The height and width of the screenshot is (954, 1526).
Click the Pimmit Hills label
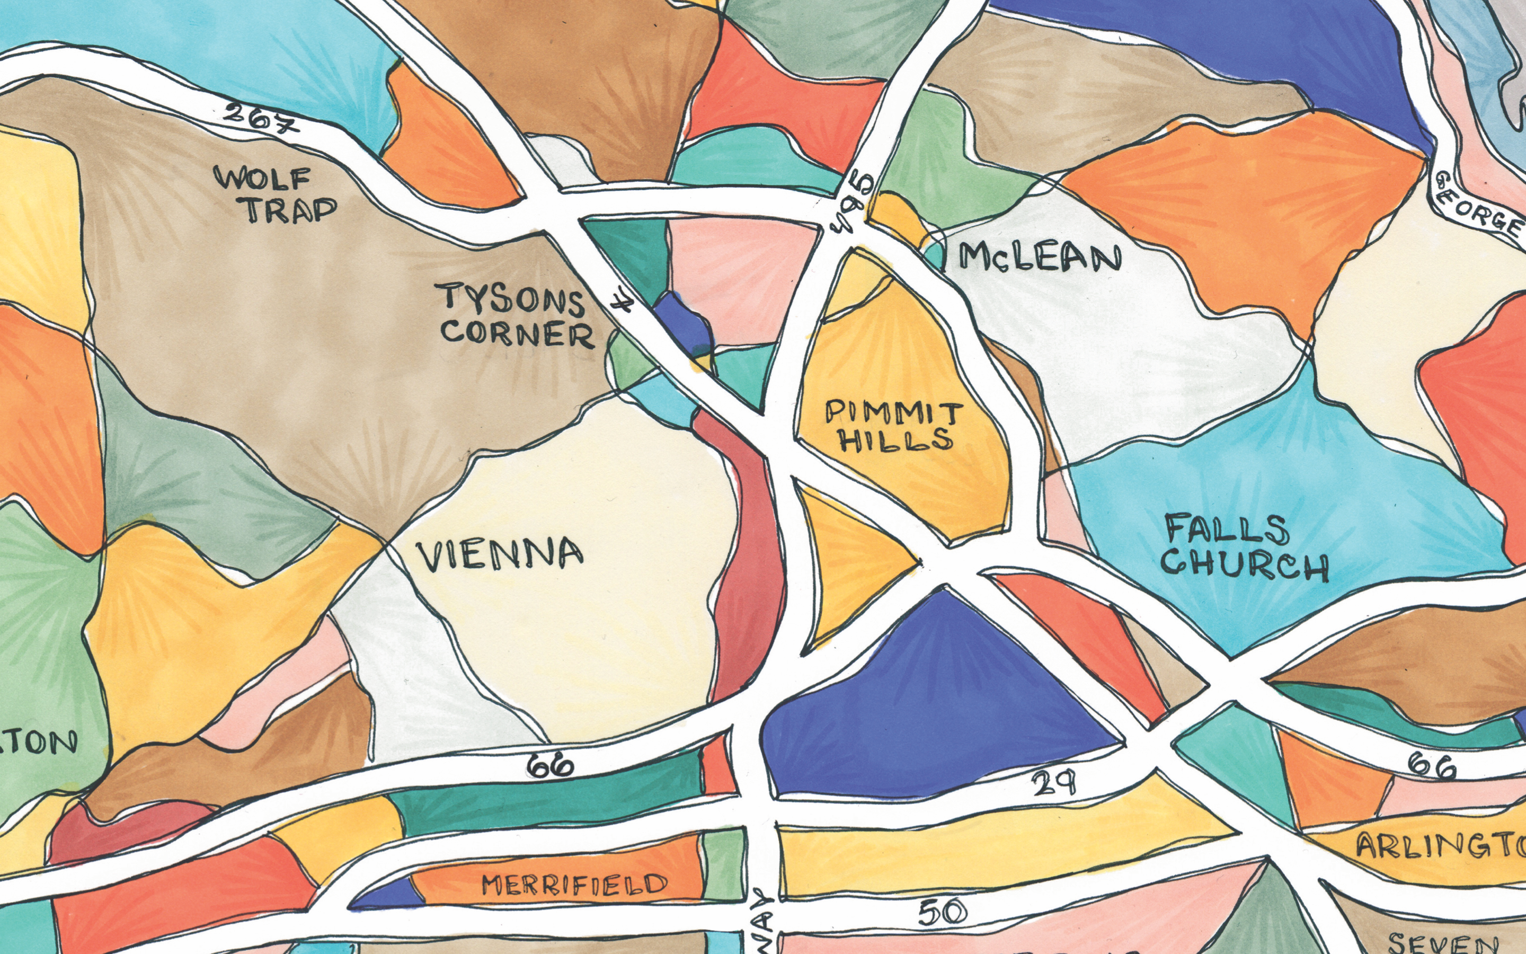895,427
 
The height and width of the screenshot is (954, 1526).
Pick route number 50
942,912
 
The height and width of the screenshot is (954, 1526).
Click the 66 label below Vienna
551,765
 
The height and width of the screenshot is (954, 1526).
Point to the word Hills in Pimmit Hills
895,439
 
